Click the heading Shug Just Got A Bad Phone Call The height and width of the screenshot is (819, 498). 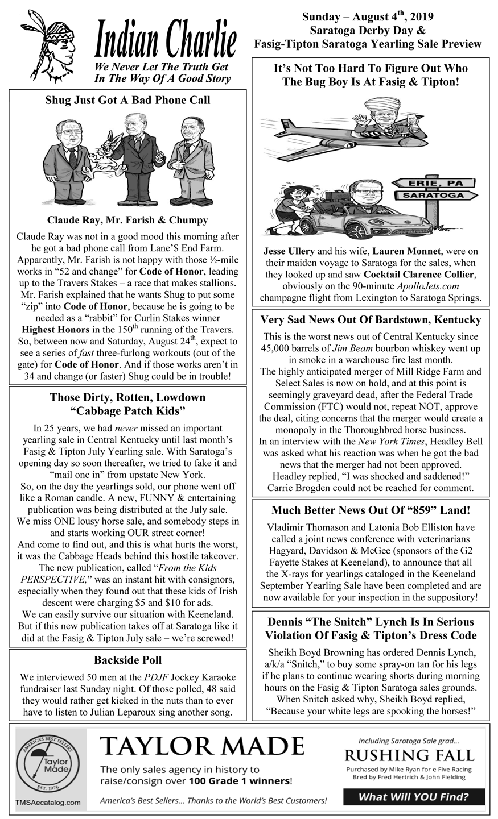(127, 101)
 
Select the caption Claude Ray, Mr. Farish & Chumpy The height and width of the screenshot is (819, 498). (127, 220)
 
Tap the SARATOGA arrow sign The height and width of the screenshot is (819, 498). (434, 196)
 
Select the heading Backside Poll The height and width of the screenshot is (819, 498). (127, 660)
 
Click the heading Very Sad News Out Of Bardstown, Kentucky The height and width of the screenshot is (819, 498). (371, 319)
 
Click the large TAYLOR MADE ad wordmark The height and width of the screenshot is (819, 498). (202, 746)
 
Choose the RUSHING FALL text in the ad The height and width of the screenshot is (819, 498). (409, 755)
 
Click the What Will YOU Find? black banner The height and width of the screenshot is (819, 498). (414, 797)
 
